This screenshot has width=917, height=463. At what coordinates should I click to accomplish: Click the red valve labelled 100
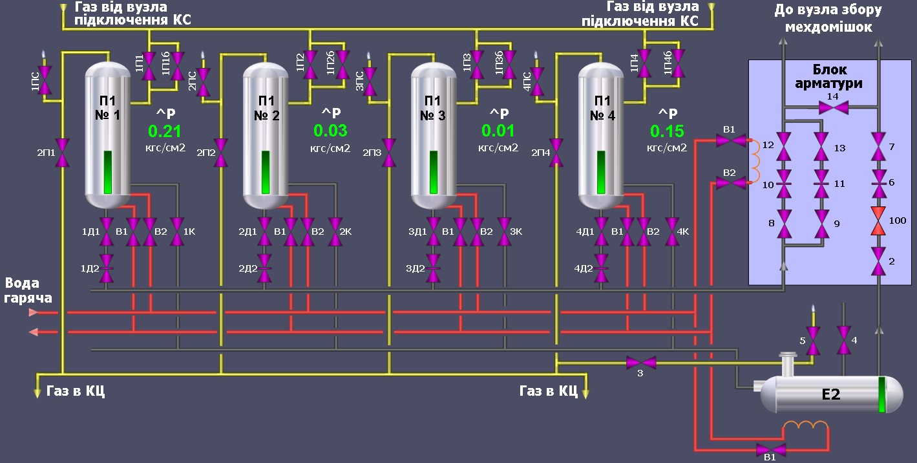pyautogui.click(x=878, y=221)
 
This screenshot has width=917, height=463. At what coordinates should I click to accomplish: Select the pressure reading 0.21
pyautogui.click(x=165, y=131)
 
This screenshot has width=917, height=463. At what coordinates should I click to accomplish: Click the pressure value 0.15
pyautogui.click(x=667, y=131)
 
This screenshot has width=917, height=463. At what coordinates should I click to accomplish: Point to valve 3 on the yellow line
pyautogui.click(x=641, y=362)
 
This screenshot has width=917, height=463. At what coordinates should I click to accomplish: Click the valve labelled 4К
pyautogui.click(x=673, y=231)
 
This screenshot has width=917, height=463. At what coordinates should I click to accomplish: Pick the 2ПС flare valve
pyautogui.click(x=203, y=81)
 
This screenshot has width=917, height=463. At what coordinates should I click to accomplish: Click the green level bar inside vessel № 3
pyautogui.click(x=434, y=173)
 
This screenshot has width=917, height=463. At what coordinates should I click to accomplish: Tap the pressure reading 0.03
pyautogui.click(x=330, y=131)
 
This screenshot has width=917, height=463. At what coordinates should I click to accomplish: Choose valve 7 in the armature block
pyautogui.click(x=878, y=147)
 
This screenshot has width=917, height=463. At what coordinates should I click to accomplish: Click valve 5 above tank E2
pyautogui.click(x=814, y=340)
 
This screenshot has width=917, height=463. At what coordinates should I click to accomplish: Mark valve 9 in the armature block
pyautogui.click(x=821, y=224)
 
